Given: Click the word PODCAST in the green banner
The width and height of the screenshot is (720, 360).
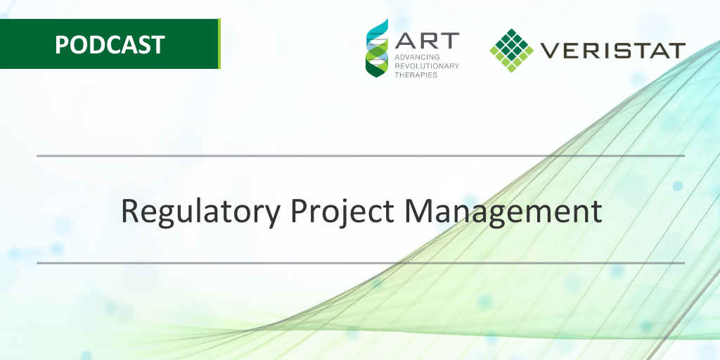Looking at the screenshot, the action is tap(110, 44).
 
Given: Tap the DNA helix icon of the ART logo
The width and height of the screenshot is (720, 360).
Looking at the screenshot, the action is tap(377, 48).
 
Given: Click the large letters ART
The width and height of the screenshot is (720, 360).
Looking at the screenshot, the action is tap(427, 40).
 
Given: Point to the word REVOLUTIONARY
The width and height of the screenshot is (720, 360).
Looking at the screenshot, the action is tap(427, 66).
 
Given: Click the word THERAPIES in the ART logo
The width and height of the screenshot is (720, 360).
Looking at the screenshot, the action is tap(416, 75).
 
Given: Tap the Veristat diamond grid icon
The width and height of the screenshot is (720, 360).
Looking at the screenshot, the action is tap(512, 50).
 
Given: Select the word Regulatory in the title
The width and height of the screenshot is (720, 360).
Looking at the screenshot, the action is tap(200, 212).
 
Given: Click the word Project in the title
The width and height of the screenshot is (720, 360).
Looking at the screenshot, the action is tap(342, 212).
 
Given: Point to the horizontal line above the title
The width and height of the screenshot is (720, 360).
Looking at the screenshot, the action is tap(361, 156).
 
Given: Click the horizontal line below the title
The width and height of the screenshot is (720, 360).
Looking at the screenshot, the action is tap(361, 263).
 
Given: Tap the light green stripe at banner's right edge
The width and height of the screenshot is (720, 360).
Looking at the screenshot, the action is tap(219, 44).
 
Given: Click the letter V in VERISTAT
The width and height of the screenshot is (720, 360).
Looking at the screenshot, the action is tap(549, 51).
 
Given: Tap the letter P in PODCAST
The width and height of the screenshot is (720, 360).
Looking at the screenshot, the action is tap(62, 45).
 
